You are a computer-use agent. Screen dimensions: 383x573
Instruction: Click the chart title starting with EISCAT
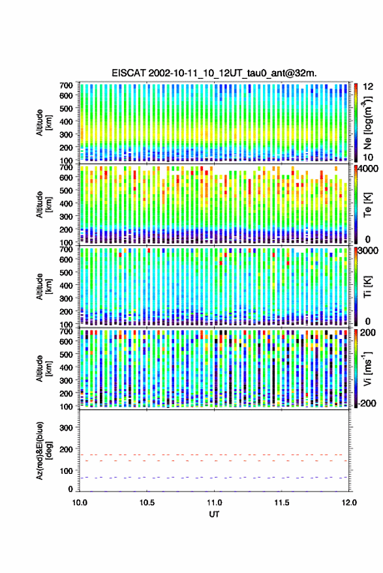[x=214, y=73]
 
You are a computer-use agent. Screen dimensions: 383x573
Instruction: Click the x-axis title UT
[x=214, y=514]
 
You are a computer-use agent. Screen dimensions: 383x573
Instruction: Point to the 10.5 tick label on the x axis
[x=147, y=503]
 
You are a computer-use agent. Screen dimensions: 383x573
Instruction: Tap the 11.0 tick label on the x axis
[x=214, y=503]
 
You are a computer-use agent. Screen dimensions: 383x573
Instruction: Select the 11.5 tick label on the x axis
[x=281, y=503]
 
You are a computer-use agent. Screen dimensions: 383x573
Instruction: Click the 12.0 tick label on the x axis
[x=348, y=503]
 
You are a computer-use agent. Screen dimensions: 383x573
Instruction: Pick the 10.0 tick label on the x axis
[x=80, y=503]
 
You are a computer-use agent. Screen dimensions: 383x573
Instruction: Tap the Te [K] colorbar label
[x=367, y=205]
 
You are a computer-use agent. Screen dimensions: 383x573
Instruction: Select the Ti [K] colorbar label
[x=367, y=287]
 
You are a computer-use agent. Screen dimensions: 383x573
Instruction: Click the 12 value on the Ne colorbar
[x=368, y=87]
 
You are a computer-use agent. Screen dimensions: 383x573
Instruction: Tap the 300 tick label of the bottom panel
[x=66, y=428]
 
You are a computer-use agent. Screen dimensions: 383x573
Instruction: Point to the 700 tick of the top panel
[x=66, y=85]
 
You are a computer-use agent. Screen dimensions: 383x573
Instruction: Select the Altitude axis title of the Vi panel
[x=44, y=368]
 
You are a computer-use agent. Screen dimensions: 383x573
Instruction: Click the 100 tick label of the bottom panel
[x=66, y=471]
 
